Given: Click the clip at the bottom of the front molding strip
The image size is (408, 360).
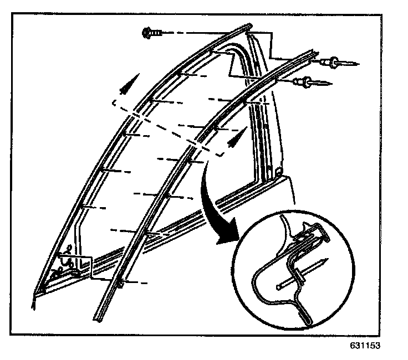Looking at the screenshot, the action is tap(121, 284).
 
